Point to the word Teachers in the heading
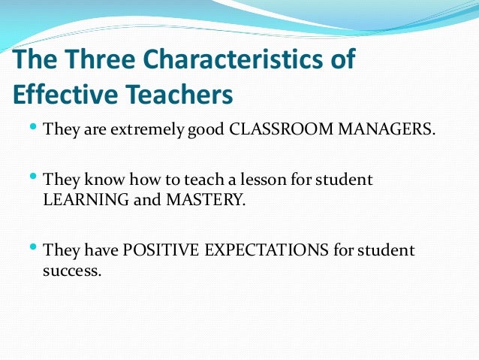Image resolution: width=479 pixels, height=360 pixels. pos(178,95)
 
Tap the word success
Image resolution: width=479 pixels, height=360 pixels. pos(71,270)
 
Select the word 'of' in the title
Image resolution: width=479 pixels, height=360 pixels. pos(342,61)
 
